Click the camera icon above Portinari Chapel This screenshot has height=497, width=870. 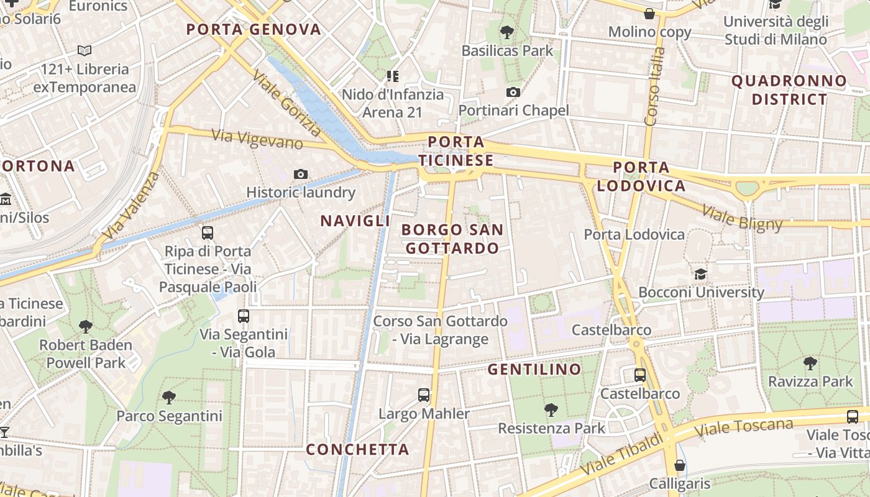513,93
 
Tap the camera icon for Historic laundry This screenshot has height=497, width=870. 301,174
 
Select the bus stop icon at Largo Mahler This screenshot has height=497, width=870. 424,394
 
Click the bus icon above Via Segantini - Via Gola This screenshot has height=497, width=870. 244,316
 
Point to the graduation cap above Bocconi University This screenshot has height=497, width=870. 700,274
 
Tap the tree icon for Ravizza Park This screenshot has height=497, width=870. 810,363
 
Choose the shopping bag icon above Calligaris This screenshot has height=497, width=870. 680,465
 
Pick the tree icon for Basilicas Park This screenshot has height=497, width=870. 507,32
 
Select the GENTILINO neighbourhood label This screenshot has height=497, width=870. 534,370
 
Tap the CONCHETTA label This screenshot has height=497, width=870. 357,449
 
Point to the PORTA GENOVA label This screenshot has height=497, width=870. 254,29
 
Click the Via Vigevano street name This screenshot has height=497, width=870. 257,139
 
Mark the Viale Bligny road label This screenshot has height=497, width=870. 741,217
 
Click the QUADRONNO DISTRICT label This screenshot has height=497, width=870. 789,89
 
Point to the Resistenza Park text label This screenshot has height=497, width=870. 551,428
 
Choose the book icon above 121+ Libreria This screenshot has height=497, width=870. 85,50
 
